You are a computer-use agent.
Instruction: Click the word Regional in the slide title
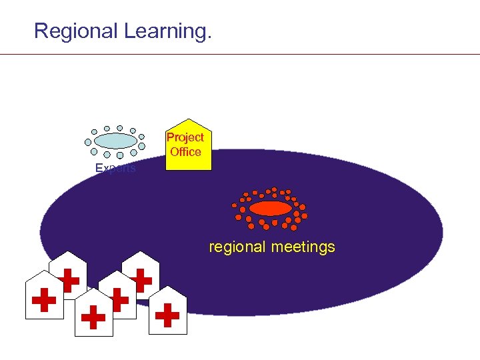point(76,31)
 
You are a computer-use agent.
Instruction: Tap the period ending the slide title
point(209,37)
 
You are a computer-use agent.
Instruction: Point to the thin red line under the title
point(240,54)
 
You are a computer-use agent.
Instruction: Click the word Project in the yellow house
point(185,137)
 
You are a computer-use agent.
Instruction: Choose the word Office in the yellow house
point(185,152)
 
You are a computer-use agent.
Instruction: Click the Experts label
point(115,169)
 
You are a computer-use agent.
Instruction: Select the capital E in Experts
point(99,169)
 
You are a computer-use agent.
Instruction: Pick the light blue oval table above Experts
point(115,141)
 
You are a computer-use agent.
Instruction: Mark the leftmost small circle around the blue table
point(88,141)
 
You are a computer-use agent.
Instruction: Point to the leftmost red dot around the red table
point(234,205)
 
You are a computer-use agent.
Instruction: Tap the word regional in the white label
point(237,247)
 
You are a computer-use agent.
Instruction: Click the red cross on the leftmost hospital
point(44,301)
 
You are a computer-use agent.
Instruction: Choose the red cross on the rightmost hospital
point(167,315)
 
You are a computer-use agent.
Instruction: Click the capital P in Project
point(170,137)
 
